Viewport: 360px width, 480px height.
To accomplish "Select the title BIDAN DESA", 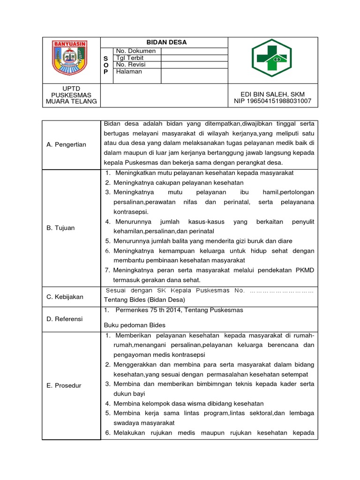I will point(166,42).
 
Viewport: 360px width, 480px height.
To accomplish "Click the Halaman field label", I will point(129,72).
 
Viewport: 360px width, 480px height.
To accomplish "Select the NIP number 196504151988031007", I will point(273,101).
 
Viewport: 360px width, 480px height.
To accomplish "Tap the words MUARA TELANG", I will point(72,101).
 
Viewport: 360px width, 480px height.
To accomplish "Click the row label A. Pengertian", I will point(67,144).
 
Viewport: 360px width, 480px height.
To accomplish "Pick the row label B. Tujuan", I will point(60,228).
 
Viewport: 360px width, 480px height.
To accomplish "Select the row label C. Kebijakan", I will point(65,297).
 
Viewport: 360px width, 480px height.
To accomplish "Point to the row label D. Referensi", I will point(65,319).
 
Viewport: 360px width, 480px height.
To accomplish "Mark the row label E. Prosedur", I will point(64,385).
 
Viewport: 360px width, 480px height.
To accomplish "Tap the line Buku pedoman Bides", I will point(135,325).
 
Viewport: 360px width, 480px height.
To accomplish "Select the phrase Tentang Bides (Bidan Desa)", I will point(144,300).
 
